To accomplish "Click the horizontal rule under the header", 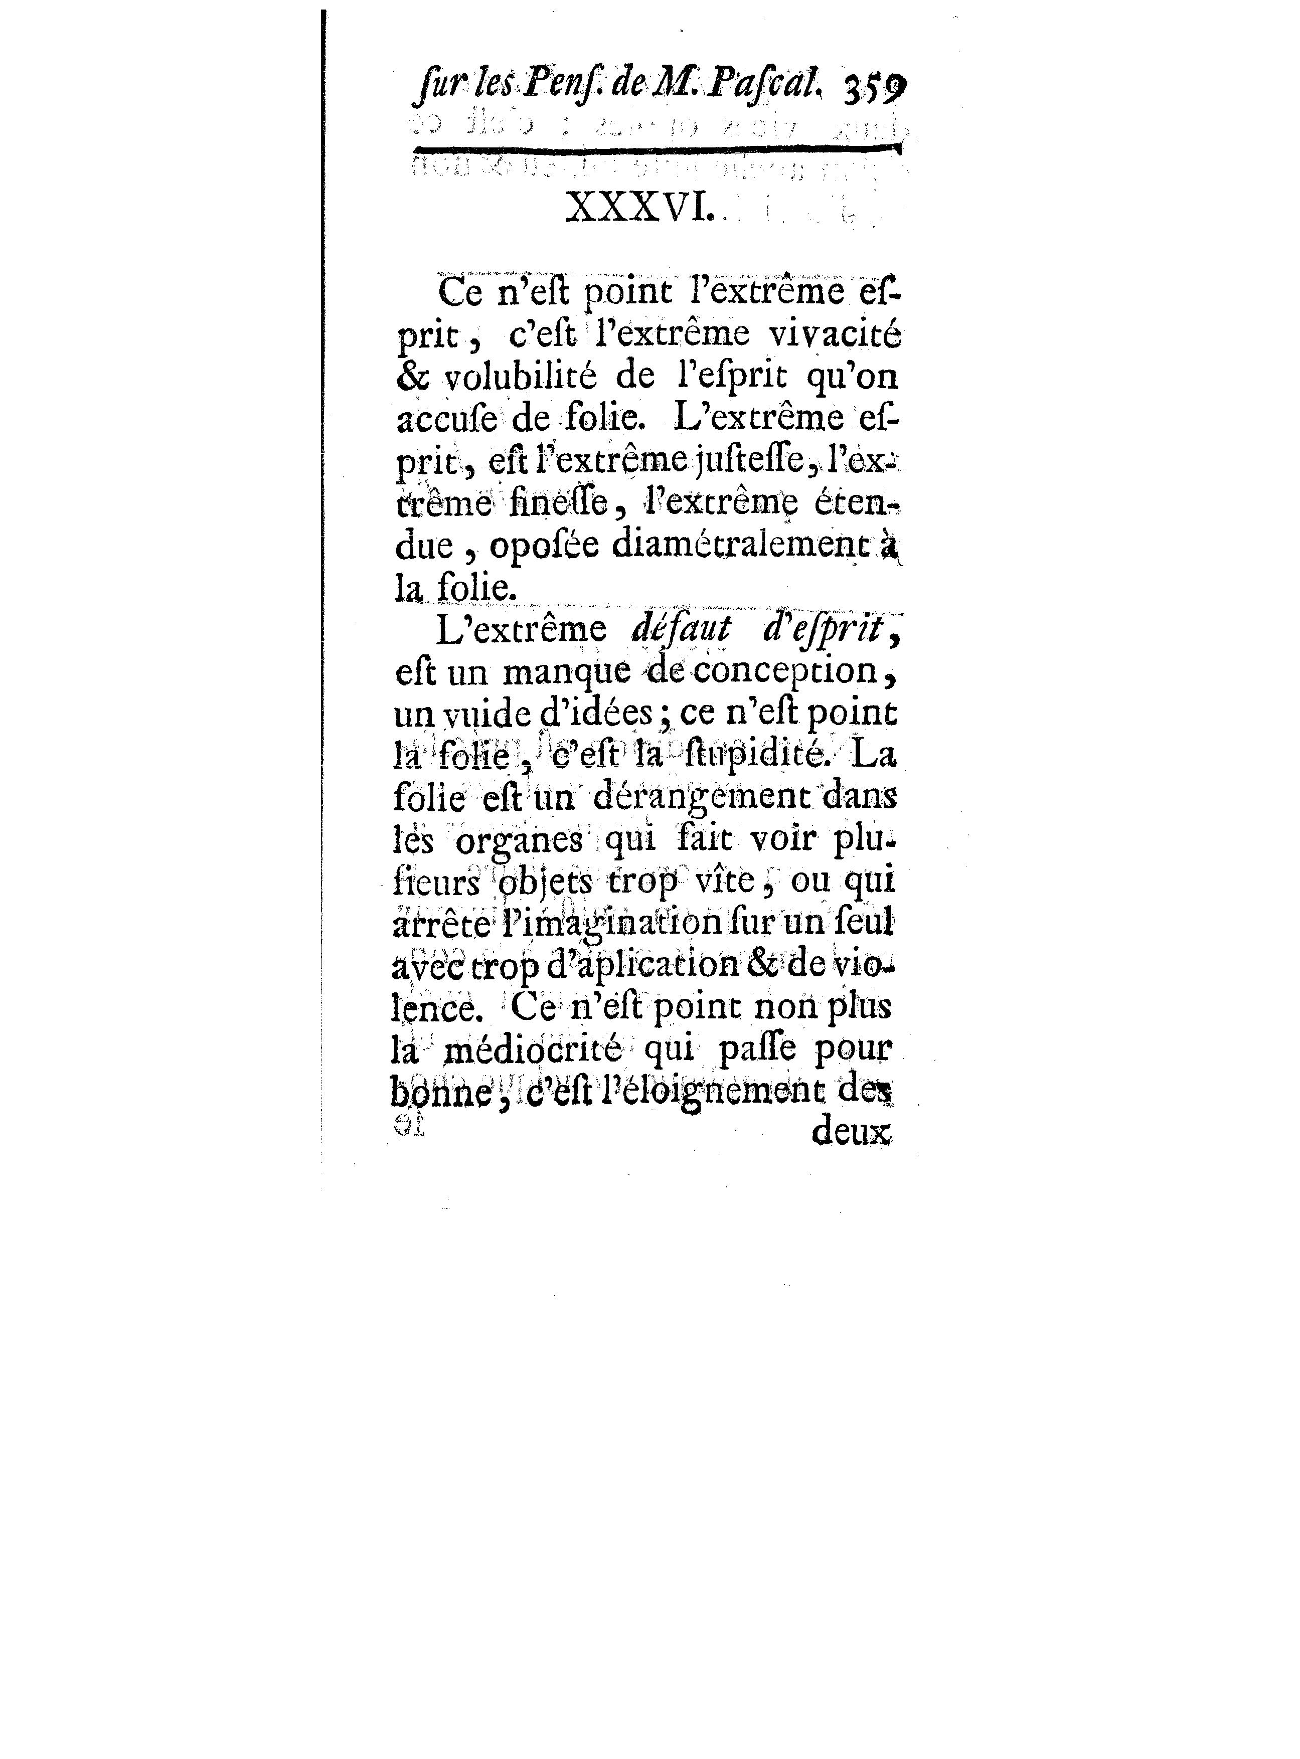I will (655, 149).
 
